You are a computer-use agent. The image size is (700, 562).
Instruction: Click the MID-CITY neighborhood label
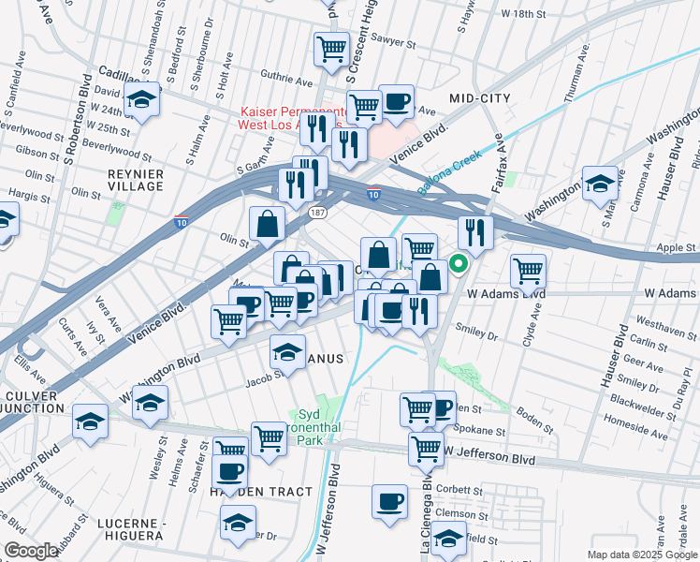pyautogui.click(x=480, y=97)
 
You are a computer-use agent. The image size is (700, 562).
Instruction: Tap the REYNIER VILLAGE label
pyautogui.click(x=136, y=181)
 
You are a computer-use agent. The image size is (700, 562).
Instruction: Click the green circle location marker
pyautogui.click(x=459, y=263)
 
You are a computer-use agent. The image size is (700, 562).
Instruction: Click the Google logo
pyautogui.click(x=31, y=551)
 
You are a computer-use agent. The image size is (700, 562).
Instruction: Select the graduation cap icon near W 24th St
pyautogui.click(x=142, y=99)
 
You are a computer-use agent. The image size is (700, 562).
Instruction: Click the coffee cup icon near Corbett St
pyautogui.click(x=389, y=501)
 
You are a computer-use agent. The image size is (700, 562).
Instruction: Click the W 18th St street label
pyautogui.click(x=523, y=14)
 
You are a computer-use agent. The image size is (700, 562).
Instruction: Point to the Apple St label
pyautogui.click(x=672, y=248)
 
